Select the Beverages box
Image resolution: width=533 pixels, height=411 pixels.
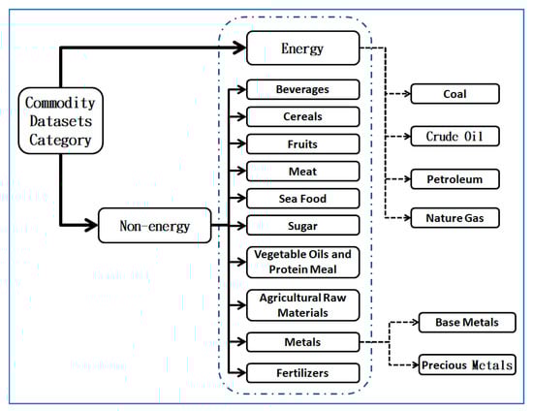point(302,89)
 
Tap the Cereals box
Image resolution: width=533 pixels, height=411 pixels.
point(302,117)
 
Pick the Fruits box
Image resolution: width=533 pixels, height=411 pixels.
point(302,144)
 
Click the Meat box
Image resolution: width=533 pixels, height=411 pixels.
point(302,172)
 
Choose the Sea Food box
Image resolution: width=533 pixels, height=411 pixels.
point(302,199)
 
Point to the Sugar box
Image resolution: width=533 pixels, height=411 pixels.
point(302,225)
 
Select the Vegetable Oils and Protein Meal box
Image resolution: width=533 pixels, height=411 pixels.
point(302,262)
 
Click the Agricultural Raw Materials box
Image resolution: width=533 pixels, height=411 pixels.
point(302,304)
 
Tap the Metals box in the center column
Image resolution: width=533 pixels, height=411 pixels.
point(302,341)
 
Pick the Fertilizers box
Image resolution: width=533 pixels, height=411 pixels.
point(302,372)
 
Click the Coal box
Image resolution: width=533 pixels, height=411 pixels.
point(455,94)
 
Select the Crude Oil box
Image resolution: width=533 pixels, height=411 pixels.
point(455,137)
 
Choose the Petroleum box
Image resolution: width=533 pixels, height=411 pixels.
point(455,179)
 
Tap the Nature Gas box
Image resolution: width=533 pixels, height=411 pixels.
point(455,219)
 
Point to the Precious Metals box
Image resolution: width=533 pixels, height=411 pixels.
point(468,365)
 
